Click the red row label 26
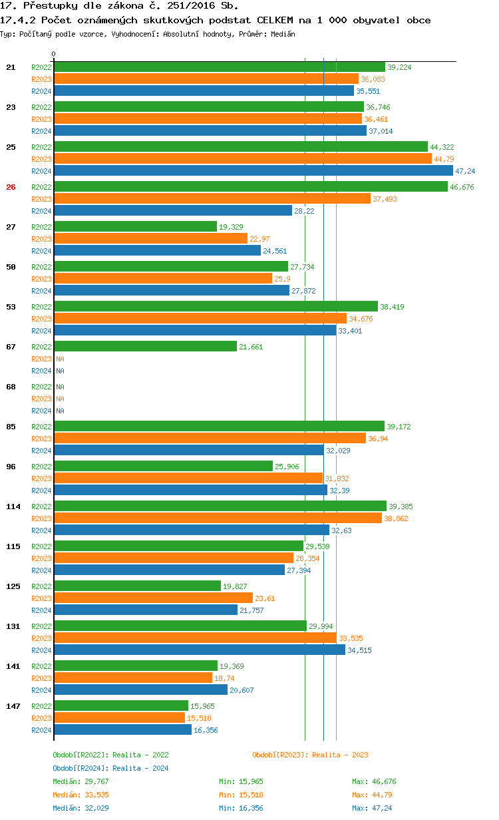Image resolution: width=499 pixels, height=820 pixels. point(11,187)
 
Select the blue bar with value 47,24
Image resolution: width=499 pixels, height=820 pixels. point(253,171)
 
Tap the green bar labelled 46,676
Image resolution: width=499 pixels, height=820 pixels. point(250,187)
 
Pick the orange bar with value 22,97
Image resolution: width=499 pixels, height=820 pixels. point(150,239)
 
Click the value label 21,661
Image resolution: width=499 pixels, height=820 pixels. point(251,347)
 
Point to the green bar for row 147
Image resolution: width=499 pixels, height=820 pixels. point(121,706)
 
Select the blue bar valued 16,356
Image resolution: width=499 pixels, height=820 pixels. point(122,729)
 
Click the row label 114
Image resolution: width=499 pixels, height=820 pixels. point(13,507)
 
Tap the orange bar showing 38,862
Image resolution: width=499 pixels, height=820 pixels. point(218,518)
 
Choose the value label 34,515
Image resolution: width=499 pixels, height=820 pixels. point(359,650)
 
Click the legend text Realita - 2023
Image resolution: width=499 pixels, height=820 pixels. point(339,755)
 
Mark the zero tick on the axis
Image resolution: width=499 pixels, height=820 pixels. point(54,55)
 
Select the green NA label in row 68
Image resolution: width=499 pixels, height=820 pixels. point(60,387)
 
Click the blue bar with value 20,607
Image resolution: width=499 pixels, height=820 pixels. point(140,690)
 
